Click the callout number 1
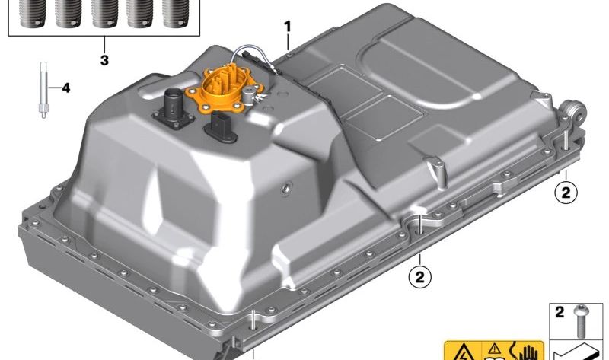tap(288, 27)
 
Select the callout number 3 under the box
tap(104, 60)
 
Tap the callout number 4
tap(66, 88)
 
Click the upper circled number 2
tap(566, 193)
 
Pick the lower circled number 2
tap(420, 277)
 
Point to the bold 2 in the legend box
tap(560, 312)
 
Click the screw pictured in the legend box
tap(579, 321)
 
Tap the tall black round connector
tap(174, 107)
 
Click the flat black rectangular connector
tap(219, 126)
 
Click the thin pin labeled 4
tap(43, 90)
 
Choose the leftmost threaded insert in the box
tap(31, 14)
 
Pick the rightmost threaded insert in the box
tap(176, 14)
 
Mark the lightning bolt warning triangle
tap(463, 352)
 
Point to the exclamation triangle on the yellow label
tap(494, 348)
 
